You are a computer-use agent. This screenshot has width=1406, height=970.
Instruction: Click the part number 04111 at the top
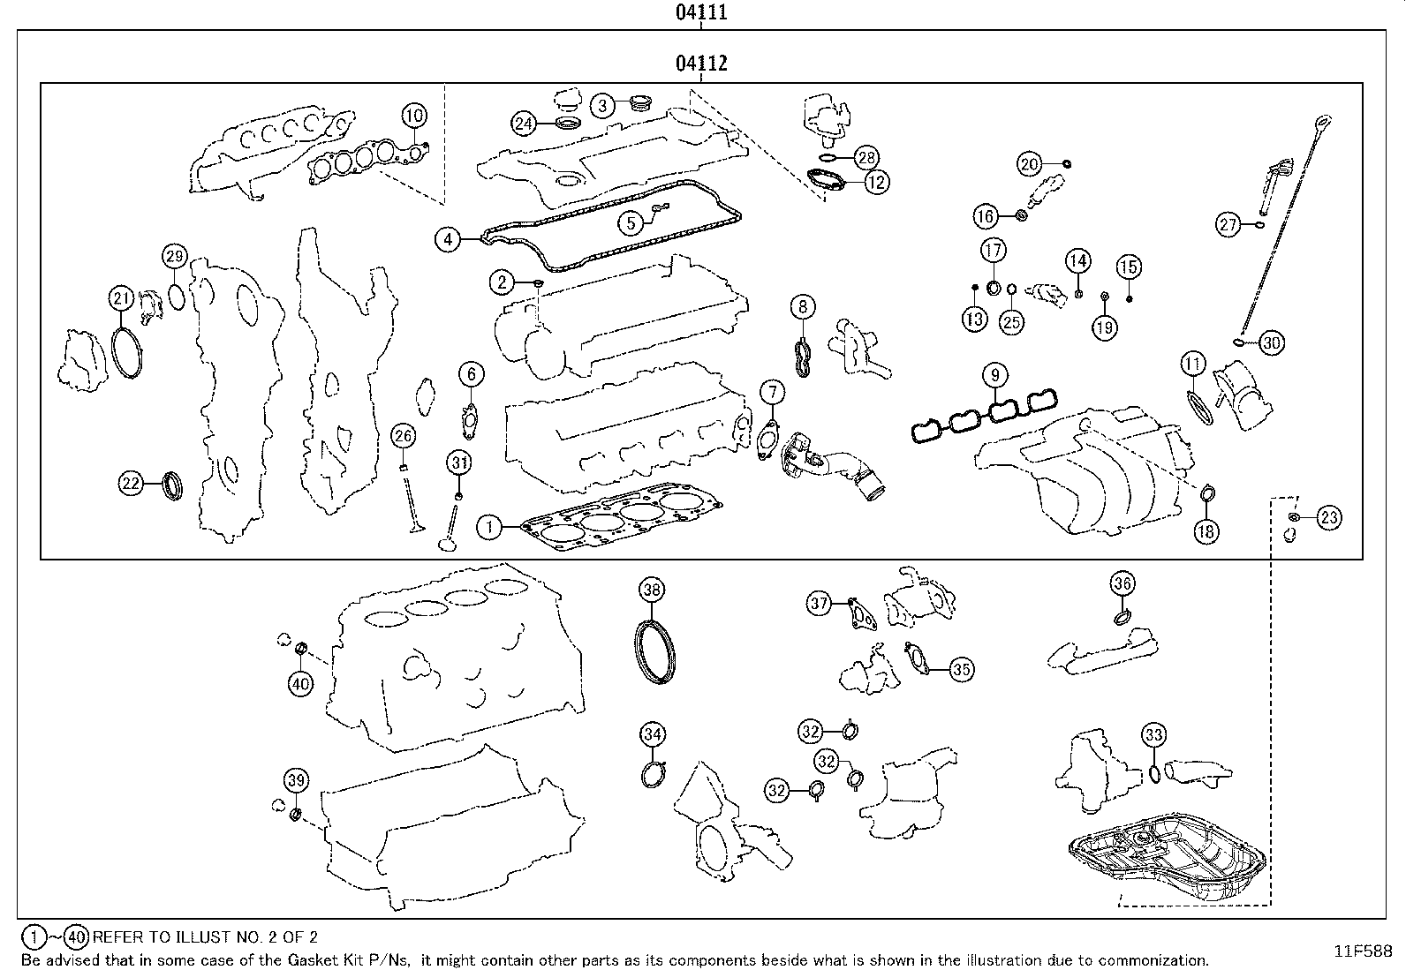[701, 12]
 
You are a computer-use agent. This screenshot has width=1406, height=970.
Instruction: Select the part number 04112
[701, 64]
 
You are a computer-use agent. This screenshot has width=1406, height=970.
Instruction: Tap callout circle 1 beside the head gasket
[489, 528]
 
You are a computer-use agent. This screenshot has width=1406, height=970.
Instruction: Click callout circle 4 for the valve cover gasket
[448, 238]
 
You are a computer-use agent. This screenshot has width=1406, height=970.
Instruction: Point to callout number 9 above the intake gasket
[994, 375]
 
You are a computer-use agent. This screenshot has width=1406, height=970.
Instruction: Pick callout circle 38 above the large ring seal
[652, 590]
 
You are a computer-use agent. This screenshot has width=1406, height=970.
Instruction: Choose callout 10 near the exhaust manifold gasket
[414, 115]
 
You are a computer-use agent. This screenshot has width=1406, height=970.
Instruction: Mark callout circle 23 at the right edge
[1329, 518]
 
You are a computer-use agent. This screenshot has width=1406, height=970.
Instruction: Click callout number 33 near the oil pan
[1153, 734]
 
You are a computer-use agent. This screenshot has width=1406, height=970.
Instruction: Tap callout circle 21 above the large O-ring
[122, 298]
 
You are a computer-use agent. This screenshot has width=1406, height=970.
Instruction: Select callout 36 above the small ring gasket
[1123, 583]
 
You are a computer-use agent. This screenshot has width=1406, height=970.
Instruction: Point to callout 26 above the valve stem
[403, 435]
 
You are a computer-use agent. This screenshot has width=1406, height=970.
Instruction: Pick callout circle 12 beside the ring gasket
[876, 182]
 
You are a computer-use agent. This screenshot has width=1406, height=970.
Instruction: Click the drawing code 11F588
[1362, 951]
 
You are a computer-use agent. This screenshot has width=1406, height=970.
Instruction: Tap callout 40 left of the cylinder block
[300, 683]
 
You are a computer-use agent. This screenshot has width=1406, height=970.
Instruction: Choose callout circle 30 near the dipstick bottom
[1270, 342]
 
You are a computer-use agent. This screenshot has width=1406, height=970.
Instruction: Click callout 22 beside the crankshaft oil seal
[131, 483]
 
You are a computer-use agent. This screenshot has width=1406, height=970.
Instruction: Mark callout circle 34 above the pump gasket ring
[652, 734]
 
